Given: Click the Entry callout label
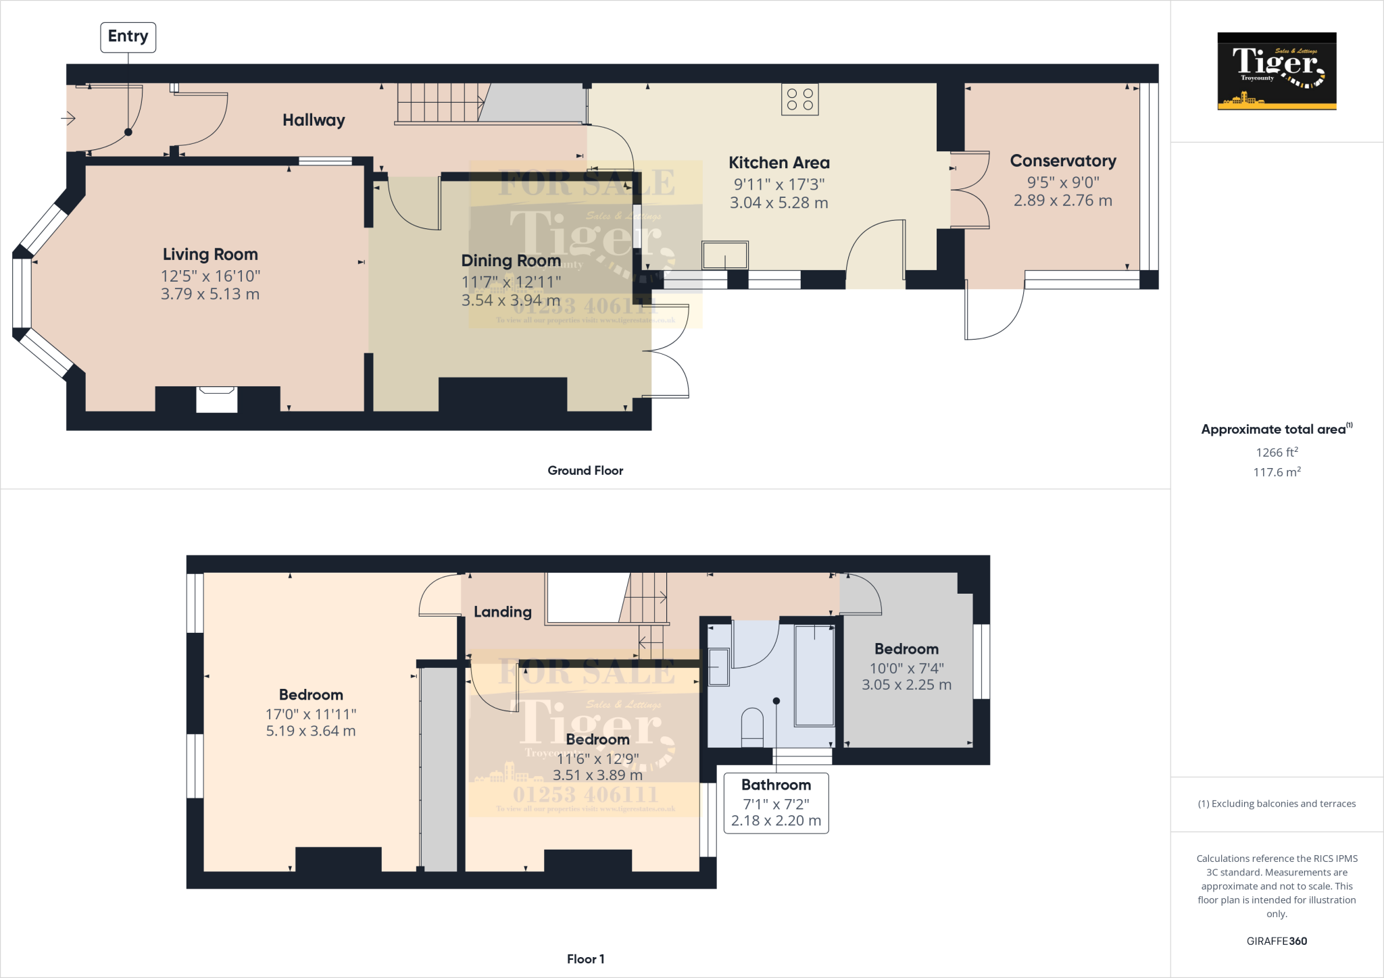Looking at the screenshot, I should click(128, 36).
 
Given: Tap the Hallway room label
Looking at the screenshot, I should click(314, 120).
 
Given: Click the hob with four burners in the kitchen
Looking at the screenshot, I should click(800, 99).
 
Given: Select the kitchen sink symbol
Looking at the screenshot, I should click(724, 256).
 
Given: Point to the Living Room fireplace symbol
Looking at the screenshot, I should click(216, 398).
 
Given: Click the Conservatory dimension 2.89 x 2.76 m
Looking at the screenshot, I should click(1062, 201).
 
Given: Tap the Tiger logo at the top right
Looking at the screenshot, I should click(1277, 71).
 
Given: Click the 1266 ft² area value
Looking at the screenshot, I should click(1277, 453).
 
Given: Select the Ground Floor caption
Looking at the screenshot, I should click(585, 471).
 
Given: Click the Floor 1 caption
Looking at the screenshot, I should click(585, 959).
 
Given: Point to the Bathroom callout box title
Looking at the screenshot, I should click(776, 785).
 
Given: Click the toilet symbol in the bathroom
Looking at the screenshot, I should click(752, 727).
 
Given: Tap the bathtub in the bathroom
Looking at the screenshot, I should click(814, 675).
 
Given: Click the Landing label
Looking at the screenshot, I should click(502, 612).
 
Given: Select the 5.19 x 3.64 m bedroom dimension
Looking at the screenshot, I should click(310, 731).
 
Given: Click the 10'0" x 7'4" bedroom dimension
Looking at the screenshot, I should click(906, 668).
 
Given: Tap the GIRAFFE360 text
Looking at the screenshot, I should click(1277, 941).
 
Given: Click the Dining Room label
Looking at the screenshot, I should click(511, 261).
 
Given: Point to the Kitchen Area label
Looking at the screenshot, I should click(778, 163).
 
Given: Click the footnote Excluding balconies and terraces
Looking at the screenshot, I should click(1277, 804).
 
